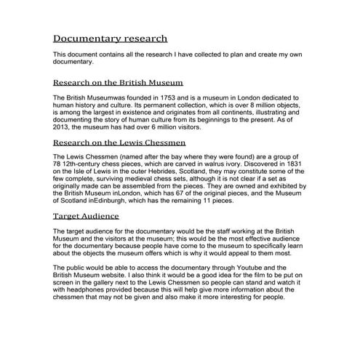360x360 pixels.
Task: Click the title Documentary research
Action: coord(111,38)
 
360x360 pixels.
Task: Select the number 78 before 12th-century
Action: coord(59,166)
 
